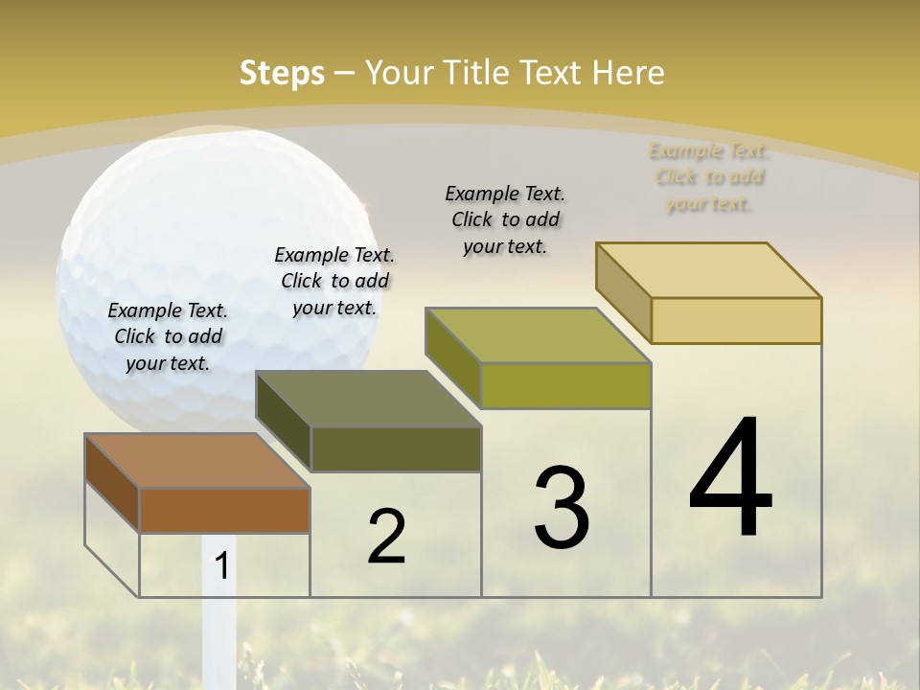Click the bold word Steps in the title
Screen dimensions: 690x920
click(x=282, y=73)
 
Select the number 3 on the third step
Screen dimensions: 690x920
click(x=561, y=508)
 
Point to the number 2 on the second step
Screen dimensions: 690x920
click(x=386, y=537)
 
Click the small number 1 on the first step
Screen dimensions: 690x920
click(x=222, y=565)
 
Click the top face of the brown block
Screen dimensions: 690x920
click(x=197, y=461)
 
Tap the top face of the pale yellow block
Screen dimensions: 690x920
click(x=709, y=270)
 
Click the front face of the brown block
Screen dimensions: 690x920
click(x=224, y=510)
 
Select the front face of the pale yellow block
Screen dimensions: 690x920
click(x=736, y=320)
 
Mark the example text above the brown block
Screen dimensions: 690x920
click(x=168, y=336)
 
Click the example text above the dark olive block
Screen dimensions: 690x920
click(x=334, y=281)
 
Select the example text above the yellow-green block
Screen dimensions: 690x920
click(x=505, y=219)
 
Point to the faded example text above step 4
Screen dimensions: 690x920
click(x=709, y=177)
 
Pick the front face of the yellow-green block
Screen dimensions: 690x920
click(x=565, y=385)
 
